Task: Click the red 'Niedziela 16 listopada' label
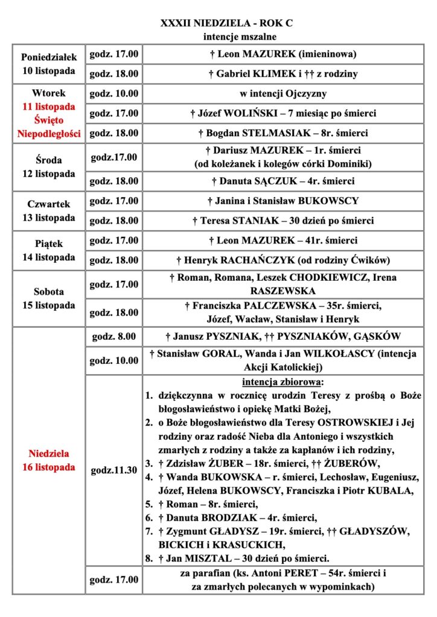[50, 460]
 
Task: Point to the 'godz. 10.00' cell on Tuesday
[114, 94]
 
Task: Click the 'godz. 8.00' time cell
[114, 336]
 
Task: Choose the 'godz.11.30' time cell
[114, 470]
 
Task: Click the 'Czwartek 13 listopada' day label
[50, 210]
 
